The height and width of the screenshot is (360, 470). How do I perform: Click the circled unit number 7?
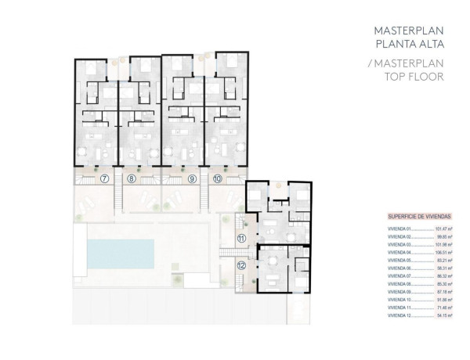pyautogui.click(x=105, y=178)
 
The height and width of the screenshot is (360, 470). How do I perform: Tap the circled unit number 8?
pyautogui.click(x=132, y=178)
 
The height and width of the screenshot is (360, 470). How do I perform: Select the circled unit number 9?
pyautogui.click(x=192, y=178)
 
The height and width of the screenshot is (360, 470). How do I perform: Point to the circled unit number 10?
pyautogui.click(x=217, y=178)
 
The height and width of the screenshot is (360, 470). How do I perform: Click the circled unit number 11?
pyautogui.click(x=242, y=238)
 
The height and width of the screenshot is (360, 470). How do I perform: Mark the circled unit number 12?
pyautogui.click(x=241, y=266)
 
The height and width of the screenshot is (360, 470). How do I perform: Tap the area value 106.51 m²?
pyautogui.click(x=444, y=252)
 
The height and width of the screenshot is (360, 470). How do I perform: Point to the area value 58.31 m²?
pyautogui.click(x=445, y=268)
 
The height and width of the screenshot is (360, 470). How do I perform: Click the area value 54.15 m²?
pyautogui.click(x=445, y=316)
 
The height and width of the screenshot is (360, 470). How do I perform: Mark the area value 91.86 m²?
pyautogui.click(x=445, y=300)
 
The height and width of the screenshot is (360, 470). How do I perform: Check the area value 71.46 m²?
pyautogui.click(x=445, y=308)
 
